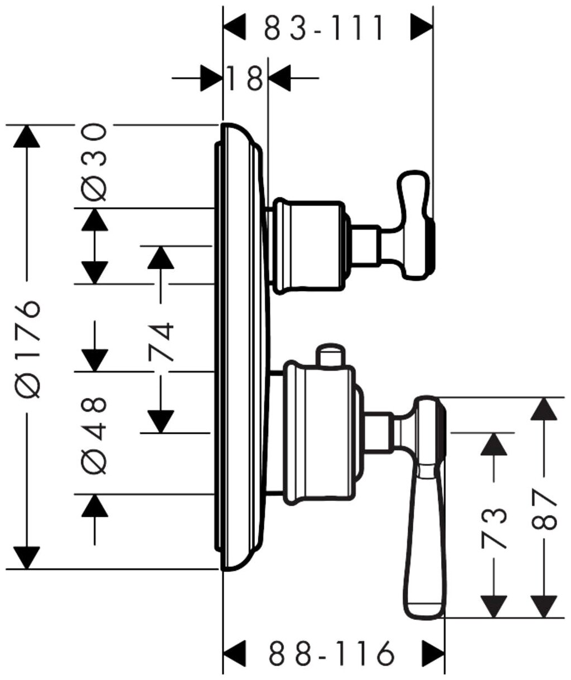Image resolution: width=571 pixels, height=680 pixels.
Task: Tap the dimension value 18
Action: click(245, 77)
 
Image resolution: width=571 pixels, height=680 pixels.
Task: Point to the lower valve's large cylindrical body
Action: click(321, 432)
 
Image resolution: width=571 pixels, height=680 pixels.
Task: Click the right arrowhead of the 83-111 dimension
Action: click(422, 27)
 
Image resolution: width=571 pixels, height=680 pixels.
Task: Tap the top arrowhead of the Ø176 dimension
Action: click(27, 137)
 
